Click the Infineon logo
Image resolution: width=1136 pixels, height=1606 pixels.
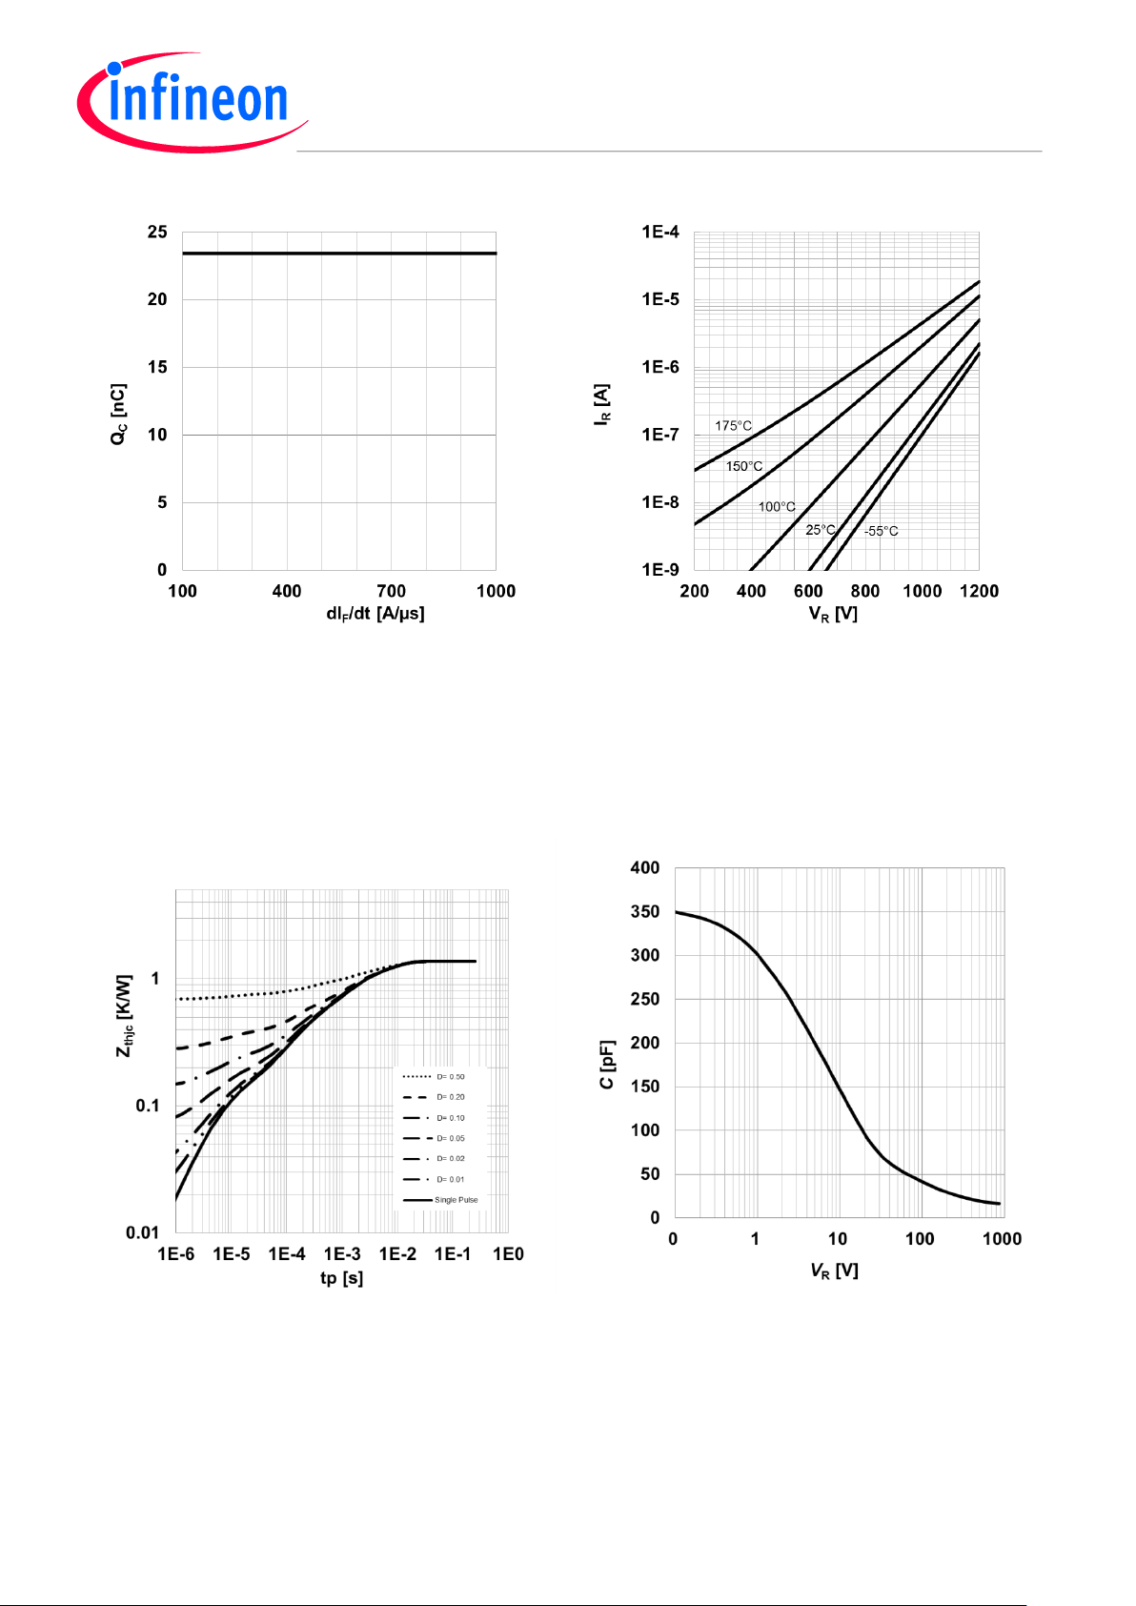(193, 101)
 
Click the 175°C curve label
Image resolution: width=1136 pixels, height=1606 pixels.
(733, 426)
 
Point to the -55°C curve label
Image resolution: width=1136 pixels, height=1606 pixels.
(881, 531)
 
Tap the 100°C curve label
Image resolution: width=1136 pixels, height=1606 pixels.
(776, 506)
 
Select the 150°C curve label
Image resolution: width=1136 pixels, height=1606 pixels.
(743, 466)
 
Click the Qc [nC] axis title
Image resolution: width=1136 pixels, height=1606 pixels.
(118, 414)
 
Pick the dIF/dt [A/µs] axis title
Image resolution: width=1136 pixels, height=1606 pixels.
(375, 614)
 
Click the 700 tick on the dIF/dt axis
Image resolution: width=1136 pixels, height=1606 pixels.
(391, 591)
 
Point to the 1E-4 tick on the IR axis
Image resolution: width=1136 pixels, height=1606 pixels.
(660, 232)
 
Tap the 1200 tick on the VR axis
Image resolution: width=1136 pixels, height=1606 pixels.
(979, 591)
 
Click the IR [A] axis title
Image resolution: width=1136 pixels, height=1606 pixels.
(602, 405)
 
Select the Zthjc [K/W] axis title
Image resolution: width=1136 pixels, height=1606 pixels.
(125, 1015)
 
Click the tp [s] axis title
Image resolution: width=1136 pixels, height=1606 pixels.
(341, 1278)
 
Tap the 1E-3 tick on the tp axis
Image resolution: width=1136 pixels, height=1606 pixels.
(342, 1253)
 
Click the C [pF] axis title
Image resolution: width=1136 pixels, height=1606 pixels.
(607, 1065)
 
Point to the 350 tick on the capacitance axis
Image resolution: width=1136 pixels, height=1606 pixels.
(645, 912)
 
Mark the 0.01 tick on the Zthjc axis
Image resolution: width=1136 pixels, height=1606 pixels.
(142, 1232)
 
